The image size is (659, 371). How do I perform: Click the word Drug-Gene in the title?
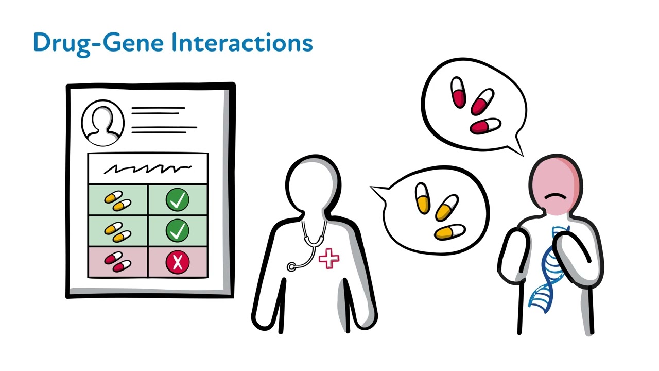[98, 43]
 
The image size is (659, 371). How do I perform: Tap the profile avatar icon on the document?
[103, 123]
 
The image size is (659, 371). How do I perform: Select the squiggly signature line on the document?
[148, 168]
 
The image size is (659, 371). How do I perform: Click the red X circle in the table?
[178, 262]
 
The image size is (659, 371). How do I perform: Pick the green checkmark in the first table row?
[178, 200]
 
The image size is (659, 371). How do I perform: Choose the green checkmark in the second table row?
[178, 231]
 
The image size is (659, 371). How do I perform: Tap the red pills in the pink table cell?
[118, 262]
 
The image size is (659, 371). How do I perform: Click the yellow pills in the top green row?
[118, 200]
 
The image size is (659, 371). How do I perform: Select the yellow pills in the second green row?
[118, 231]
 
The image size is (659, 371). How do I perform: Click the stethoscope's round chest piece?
[292, 266]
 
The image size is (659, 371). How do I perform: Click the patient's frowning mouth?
[554, 197]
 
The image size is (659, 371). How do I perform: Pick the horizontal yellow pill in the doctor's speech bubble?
[450, 232]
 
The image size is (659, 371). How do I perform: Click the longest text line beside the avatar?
[164, 127]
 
